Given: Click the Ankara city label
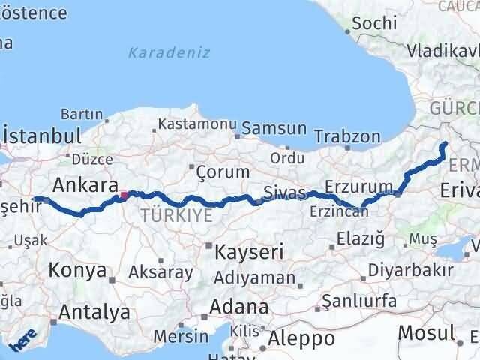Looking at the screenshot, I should [x=85, y=185].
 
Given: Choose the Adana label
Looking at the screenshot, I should [x=239, y=307].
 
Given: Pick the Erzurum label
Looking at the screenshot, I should [x=359, y=186].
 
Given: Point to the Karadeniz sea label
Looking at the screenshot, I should [x=169, y=53].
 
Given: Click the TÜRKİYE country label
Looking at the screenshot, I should [x=175, y=216].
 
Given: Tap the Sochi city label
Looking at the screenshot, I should [x=373, y=23].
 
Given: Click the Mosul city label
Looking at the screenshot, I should [x=426, y=332].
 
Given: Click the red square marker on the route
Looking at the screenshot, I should [x=124, y=196].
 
